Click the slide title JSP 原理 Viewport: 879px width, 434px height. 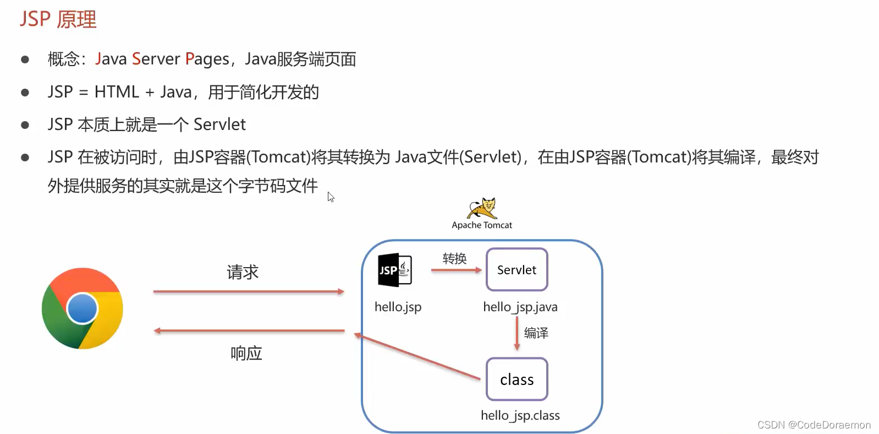tap(58, 19)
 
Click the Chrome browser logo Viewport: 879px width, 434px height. tap(83, 308)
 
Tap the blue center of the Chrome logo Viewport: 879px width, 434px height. tap(83, 308)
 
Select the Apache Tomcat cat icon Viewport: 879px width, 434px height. tap(482, 209)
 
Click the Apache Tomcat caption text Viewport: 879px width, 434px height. tap(482, 225)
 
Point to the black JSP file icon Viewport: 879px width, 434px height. tap(394, 270)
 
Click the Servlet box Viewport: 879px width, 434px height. tap(517, 270)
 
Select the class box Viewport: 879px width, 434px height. tap(517, 379)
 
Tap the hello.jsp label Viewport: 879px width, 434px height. tap(398, 307)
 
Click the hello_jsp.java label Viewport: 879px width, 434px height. tap(520, 307)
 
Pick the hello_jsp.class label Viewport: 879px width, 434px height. tap(520, 415)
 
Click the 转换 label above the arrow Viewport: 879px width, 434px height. tap(454, 258)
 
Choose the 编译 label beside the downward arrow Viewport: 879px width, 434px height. tap(536, 333)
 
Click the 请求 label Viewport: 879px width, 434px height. tap(243, 272)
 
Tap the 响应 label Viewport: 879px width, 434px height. tap(246, 353)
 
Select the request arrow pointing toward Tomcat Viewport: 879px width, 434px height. tap(249, 291)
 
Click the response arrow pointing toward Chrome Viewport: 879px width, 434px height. tap(249, 331)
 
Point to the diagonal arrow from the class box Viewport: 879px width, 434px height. tap(418, 357)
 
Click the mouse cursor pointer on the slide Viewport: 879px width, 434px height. tap(331, 197)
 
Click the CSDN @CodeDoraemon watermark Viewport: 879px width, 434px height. tap(814, 425)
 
